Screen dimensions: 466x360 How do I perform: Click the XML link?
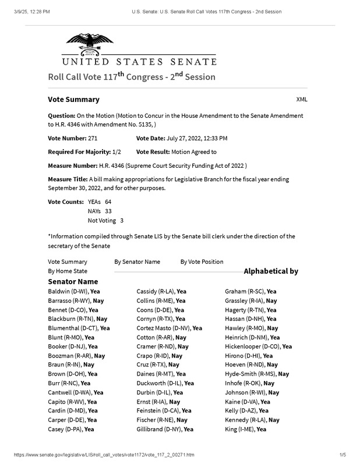(302, 100)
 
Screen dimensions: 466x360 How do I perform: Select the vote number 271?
(97, 138)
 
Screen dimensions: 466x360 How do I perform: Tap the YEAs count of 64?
(108, 201)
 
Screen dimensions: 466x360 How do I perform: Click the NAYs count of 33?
(108, 211)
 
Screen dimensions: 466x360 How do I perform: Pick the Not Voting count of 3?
(122, 221)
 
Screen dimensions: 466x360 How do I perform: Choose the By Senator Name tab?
(137, 262)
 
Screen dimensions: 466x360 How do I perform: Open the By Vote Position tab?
(202, 262)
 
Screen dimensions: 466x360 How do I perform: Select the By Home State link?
(68, 271)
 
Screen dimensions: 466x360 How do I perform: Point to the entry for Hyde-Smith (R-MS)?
(257, 374)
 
